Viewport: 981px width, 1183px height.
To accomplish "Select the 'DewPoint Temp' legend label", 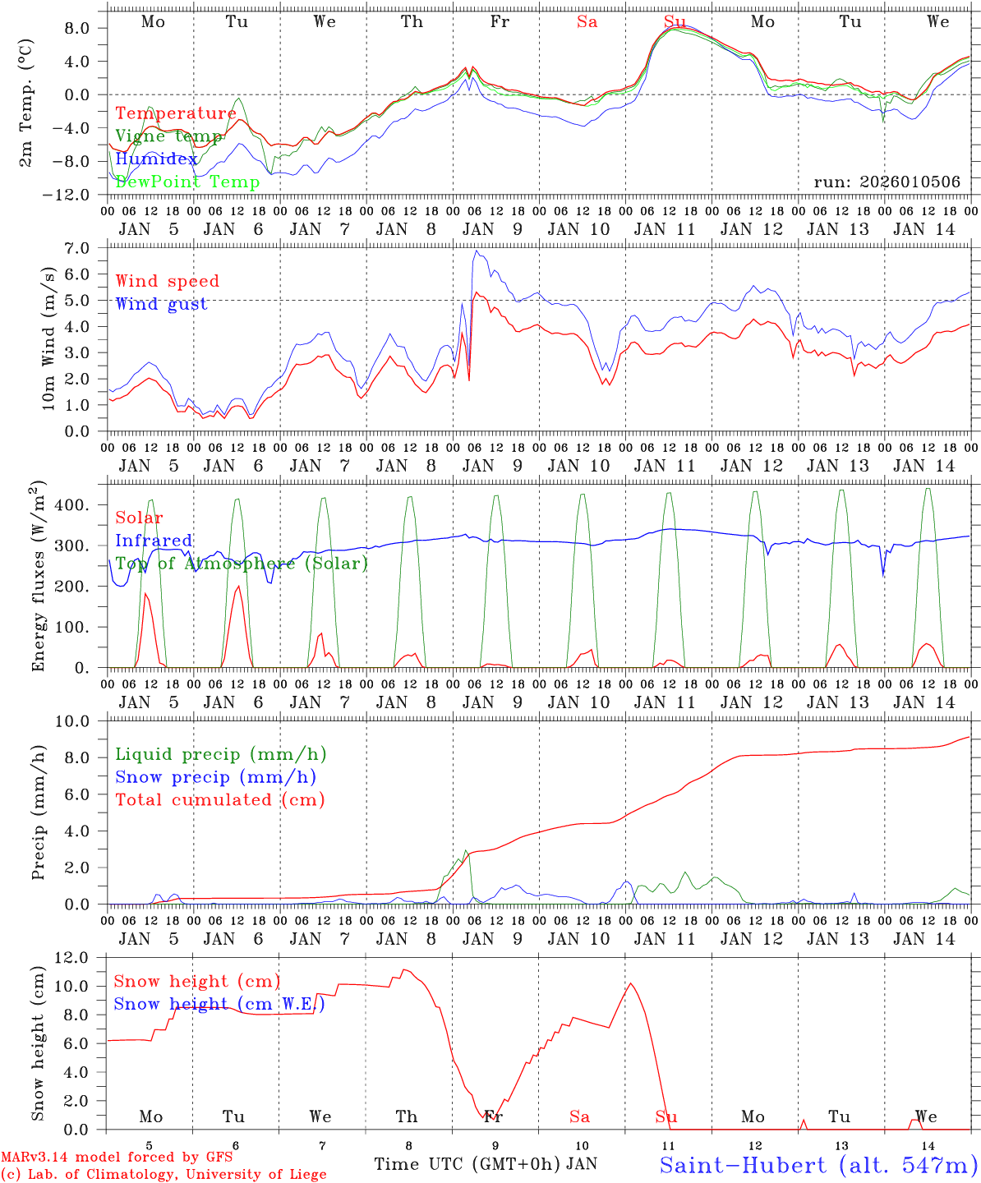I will point(187,182).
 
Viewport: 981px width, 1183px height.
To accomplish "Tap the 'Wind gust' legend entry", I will point(161,304).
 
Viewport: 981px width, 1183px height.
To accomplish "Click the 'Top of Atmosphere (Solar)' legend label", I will point(241,564).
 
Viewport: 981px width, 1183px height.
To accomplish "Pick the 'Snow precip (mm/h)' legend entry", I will point(215,777).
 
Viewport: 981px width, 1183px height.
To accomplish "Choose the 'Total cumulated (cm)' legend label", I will point(219,799).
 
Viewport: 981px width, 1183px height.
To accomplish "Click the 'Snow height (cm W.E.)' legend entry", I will point(219,1004).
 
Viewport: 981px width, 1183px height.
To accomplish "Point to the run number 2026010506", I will point(887,182).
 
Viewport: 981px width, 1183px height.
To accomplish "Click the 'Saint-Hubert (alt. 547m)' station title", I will point(818,1164).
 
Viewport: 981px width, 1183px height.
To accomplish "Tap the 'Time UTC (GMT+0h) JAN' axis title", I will point(485,1164).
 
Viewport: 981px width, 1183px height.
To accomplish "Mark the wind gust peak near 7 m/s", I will point(476,251).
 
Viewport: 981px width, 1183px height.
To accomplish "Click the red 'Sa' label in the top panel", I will point(587,22).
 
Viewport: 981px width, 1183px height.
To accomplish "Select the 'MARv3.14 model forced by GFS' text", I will point(117,1158).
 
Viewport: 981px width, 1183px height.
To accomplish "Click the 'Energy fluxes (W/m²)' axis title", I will point(39,578).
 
